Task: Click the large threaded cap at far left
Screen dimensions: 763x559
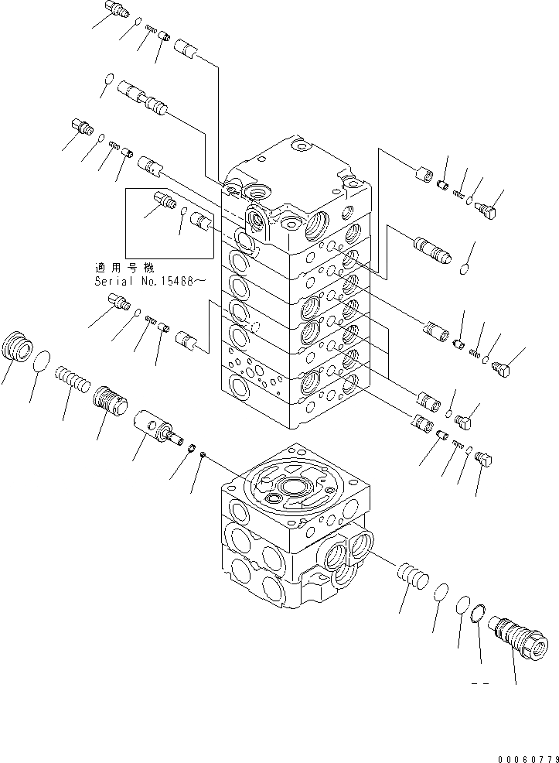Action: pyautogui.click(x=18, y=345)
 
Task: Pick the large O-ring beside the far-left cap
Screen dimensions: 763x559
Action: pyautogui.click(x=43, y=360)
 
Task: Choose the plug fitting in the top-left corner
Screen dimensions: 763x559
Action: pyautogui.click(x=115, y=10)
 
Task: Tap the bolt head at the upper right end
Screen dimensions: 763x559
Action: pyautogui.click(x=488, y=207)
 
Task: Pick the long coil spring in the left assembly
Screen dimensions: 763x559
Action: pyautogui.click(x=72, y=381)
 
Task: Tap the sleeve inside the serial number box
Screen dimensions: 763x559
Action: pyautogui.click(x=203, y=223)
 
